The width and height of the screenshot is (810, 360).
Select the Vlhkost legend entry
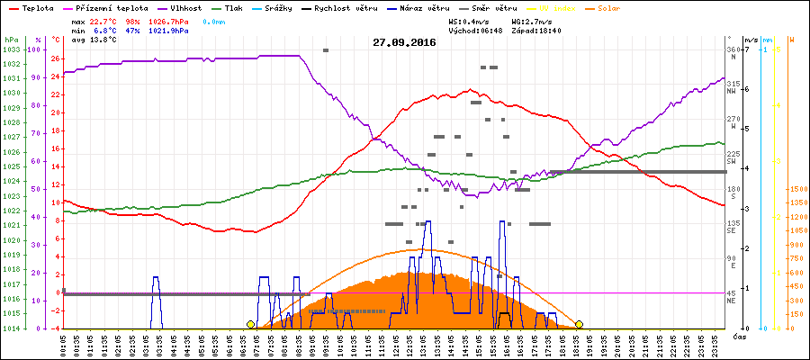(184, 6)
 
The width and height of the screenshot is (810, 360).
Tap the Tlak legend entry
(236, 6)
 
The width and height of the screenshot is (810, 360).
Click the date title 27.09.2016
(404, 42)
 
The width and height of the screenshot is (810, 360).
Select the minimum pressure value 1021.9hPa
(167, 31)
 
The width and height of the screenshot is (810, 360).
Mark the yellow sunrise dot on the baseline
(250, 324)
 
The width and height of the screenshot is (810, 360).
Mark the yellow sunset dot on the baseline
(579, 324)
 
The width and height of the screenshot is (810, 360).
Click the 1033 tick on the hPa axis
(11, 49)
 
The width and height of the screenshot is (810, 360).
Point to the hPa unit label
(11, 40)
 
